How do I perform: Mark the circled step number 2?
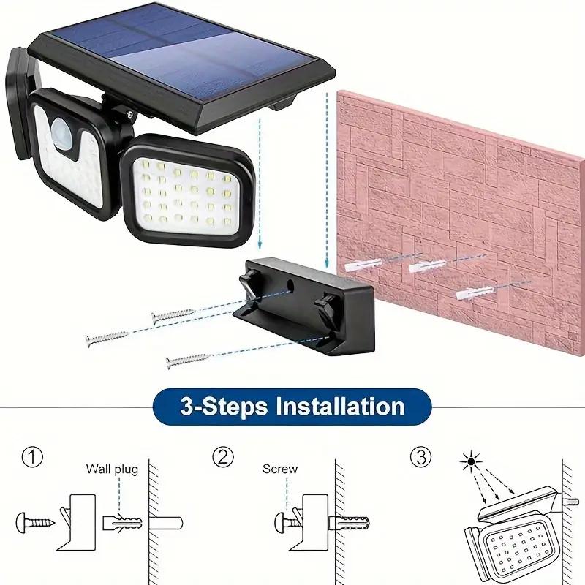223,458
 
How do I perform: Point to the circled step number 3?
419,458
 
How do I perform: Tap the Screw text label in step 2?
280,469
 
